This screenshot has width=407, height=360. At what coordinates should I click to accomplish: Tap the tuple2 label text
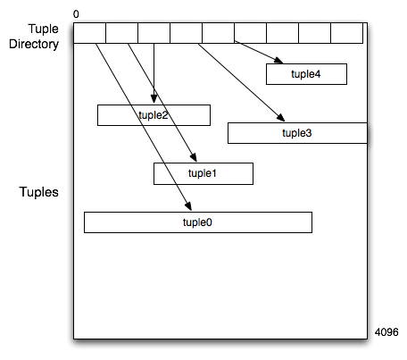[154, 115]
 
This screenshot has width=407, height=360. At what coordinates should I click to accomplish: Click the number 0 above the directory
[76, 14]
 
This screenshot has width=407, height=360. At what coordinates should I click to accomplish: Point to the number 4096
[386, 332]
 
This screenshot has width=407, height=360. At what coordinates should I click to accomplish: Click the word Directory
[34, 44]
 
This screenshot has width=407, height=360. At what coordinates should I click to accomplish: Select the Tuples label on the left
[38, 192]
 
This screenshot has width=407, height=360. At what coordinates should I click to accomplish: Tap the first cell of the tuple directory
[89, 33]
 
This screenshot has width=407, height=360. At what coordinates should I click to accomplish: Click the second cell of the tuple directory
[121, 33]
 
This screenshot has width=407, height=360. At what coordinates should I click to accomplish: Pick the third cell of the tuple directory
[154, 33]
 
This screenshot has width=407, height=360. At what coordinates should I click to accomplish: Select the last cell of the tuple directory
[346, 33]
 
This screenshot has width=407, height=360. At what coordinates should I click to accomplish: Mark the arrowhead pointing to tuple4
[278, 61]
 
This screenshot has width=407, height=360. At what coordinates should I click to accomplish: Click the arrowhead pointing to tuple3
[281, 117]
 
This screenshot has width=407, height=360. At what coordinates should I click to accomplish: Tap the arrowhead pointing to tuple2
[154, 99]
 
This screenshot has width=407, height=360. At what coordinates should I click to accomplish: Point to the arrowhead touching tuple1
[194, 157]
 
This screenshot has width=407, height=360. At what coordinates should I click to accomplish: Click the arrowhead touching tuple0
[188, 206]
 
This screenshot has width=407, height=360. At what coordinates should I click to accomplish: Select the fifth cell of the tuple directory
[218, 33]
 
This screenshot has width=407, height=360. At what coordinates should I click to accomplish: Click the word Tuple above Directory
[44, 29]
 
